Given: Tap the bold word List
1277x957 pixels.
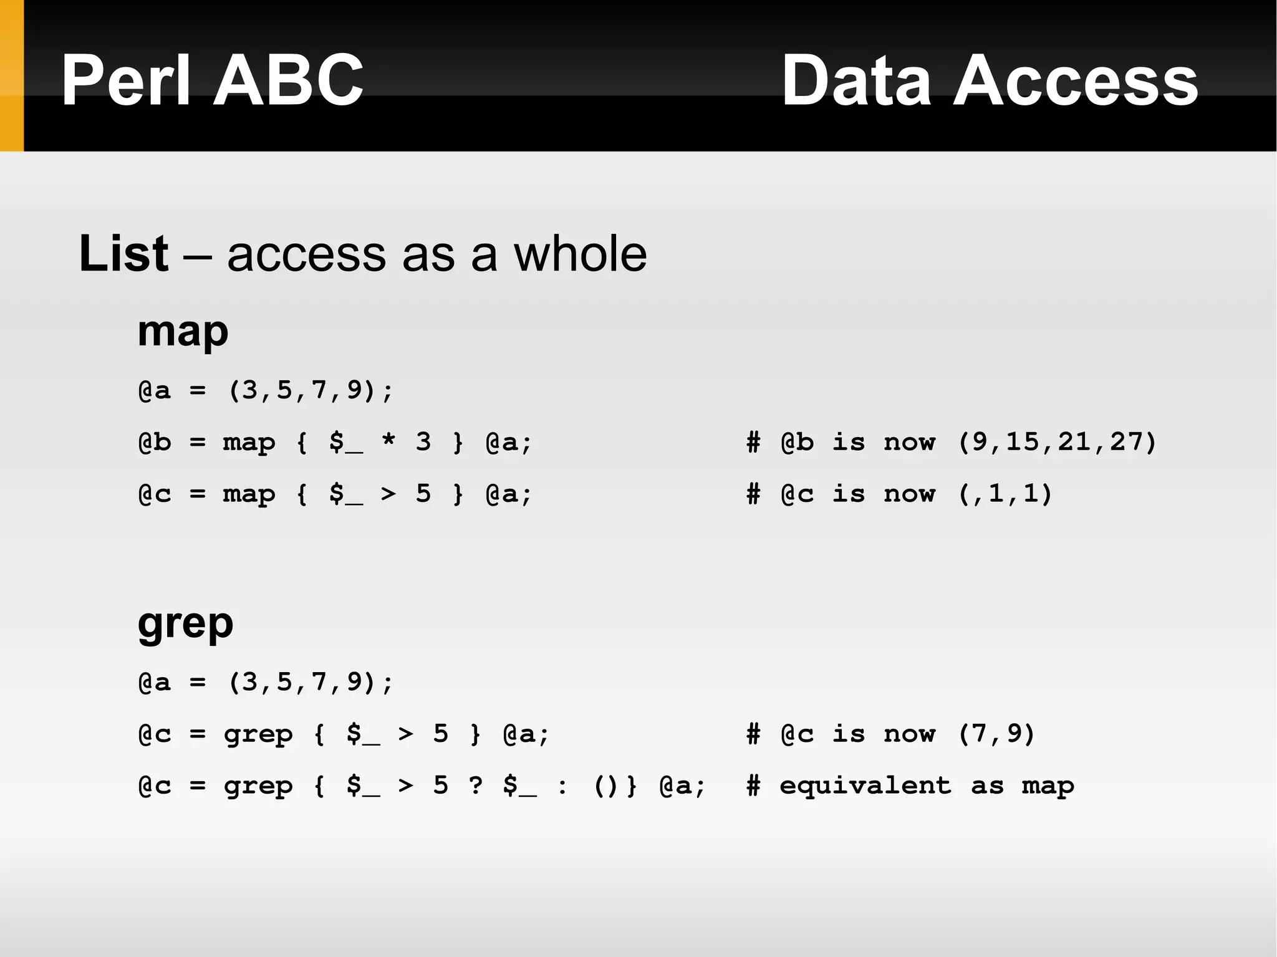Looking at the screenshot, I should click(123, 254).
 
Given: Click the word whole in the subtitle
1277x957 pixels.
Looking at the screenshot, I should click(580, 254).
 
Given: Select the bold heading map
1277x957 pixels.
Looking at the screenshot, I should click(183, 332).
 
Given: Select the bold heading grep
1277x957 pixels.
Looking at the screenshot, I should click(185, 623).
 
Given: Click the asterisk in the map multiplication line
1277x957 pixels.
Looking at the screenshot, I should click(388, 442).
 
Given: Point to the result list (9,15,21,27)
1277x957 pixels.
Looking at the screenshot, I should click(1057, 442).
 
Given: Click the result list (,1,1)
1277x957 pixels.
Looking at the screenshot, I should click(1005, 494).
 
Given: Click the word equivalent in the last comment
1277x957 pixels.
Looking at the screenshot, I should click(865, 786).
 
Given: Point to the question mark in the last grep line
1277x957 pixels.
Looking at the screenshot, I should click(476, 786).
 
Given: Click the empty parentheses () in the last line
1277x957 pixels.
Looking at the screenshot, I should click(605, 786).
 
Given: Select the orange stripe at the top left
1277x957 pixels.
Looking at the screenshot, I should click(11, 75).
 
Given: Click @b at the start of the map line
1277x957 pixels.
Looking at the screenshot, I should click(154, 442).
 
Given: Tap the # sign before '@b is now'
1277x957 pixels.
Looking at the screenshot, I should click(753, 442).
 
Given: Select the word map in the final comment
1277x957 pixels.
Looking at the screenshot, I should click(1048, 786).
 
